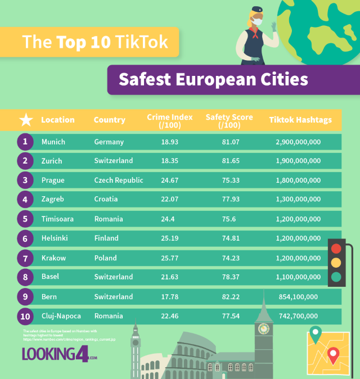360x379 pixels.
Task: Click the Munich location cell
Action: coord(53,142)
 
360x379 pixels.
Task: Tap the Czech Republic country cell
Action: coord(119,181)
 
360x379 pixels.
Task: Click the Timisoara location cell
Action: coord(57,219)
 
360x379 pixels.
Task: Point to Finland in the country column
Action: coord(106,238)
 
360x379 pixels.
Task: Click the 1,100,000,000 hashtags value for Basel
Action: coord(298,277)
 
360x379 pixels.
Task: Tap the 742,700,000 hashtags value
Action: coord(298,317)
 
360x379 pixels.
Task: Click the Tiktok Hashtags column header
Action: coord(300,120)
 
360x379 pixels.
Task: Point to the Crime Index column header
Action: coord(169,120)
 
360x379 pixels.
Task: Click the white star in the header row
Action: coord(26,120)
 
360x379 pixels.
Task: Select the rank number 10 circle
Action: coord(25,317)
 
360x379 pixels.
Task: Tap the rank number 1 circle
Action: coord(25,142)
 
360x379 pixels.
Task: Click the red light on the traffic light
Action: coord(337,249)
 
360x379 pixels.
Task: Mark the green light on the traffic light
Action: coord(337,277)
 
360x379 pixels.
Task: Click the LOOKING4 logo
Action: coord(59,354)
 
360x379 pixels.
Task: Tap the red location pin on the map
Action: coord(333,355)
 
